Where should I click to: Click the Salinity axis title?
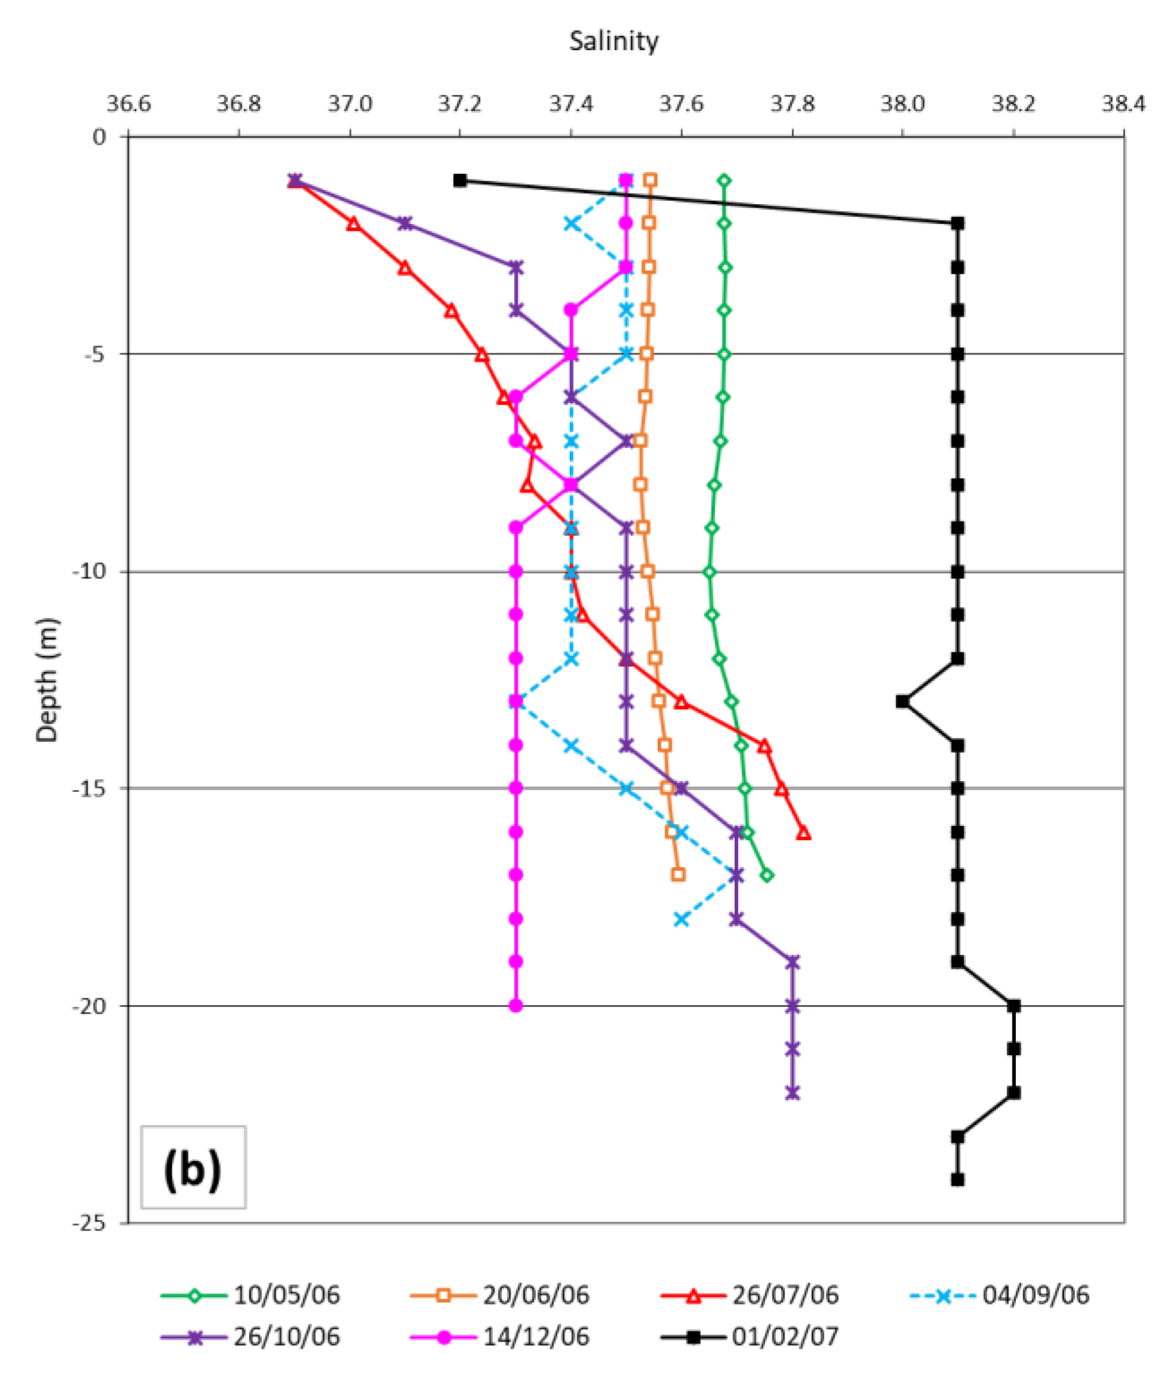613,41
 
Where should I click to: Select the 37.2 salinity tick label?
460,103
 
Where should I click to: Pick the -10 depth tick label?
92,572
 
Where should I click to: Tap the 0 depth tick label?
100,137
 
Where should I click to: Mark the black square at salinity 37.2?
460,180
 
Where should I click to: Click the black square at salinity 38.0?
903,701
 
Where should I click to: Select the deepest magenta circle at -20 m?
516,1006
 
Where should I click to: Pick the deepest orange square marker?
678,875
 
